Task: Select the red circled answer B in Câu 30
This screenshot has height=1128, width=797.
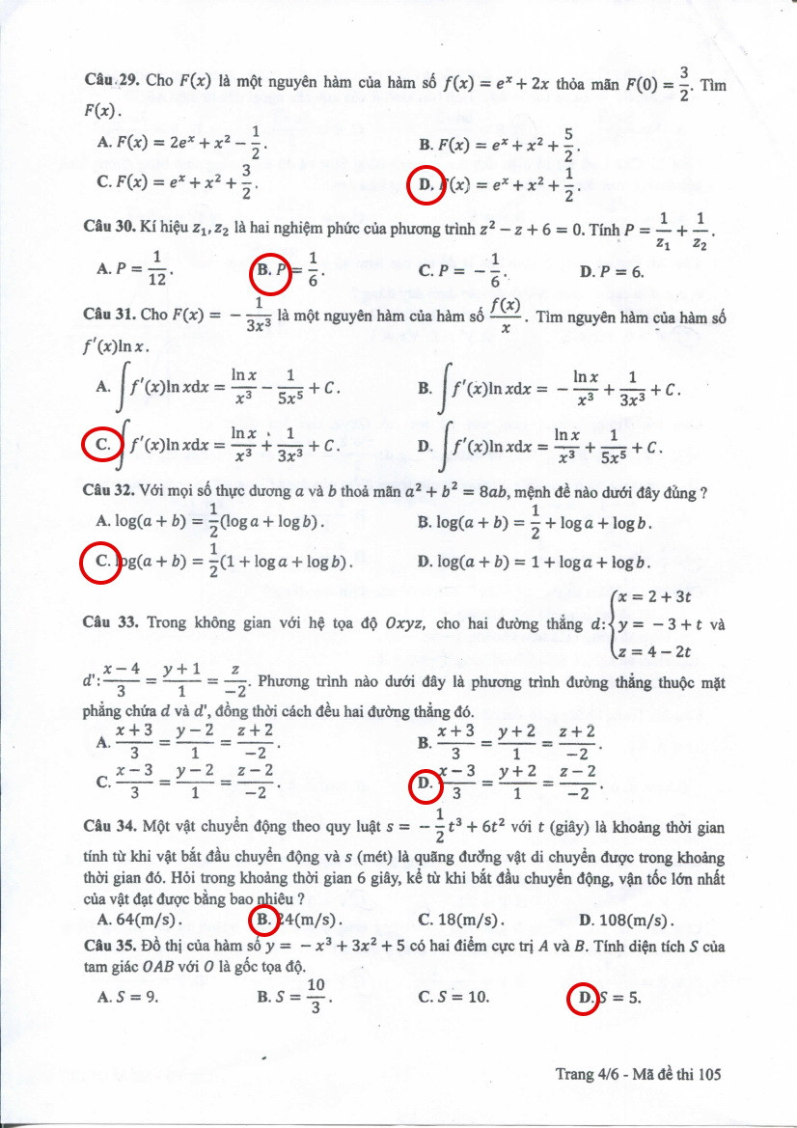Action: pyautogui.click(x=269, y=272)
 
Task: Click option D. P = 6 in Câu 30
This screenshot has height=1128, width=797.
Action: pyautogui.click(x=612, y=272)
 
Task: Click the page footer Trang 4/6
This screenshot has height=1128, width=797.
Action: pyautogui.click(x=588, y=1074)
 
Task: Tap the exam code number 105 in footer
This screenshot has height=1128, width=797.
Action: pyautogui.click(x=708, y=1074)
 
